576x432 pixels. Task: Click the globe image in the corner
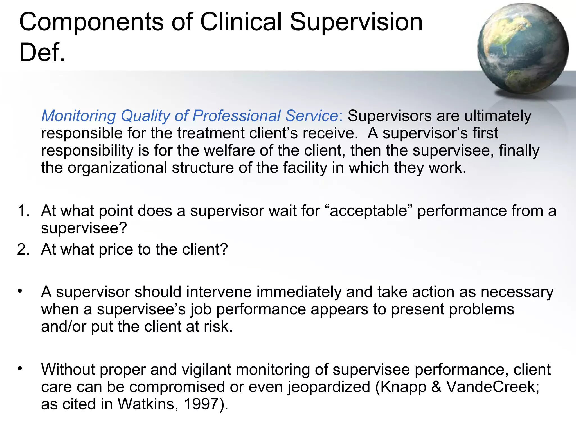coord(523,48)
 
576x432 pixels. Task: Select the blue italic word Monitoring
coord(78,116)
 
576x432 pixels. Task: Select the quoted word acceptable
coord(369,211)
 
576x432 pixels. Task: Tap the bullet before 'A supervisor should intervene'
coord(20,291)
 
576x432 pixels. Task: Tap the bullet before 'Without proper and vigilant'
coord(20,368)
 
